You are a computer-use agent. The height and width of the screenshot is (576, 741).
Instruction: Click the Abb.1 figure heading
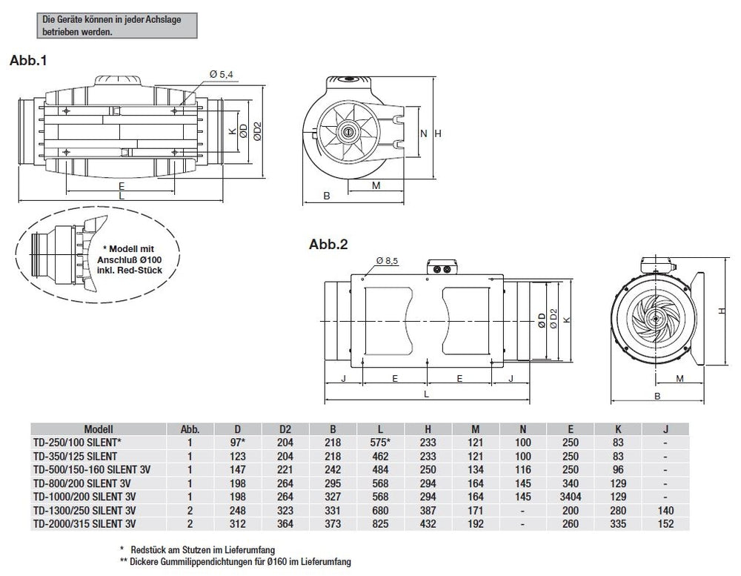tap(27, 62)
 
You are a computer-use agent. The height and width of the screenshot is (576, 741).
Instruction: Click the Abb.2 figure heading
tap(328, 244)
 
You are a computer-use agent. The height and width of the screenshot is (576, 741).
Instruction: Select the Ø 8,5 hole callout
tap(387, 261)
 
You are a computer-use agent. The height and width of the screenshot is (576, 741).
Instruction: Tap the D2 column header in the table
tap(285, 430)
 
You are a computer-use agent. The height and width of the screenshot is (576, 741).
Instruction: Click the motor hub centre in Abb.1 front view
tap(347, 131)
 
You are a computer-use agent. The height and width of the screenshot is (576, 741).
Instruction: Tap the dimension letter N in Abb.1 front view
tap(423, 133)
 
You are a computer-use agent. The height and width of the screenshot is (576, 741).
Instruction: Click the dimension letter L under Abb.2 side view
tap(427, 395)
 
